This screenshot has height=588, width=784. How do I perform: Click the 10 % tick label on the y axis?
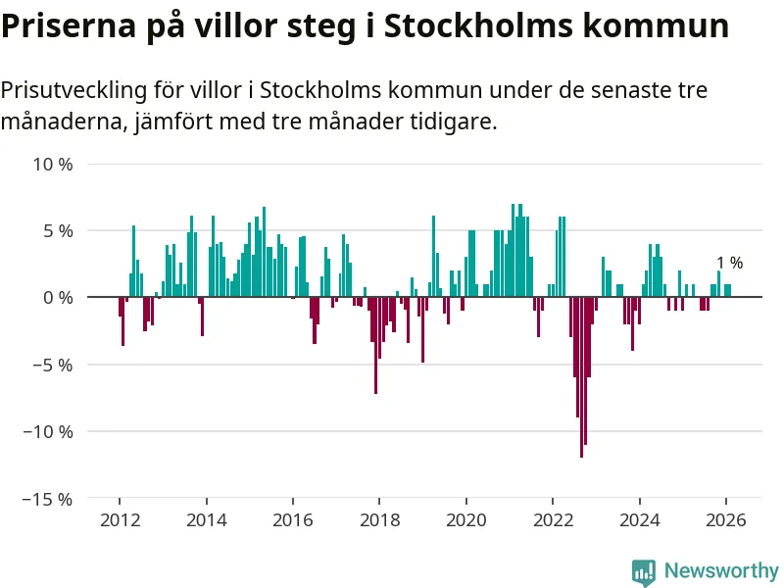click(x=53, y=164)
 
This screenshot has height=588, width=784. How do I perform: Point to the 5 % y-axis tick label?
click(x=57, y=230)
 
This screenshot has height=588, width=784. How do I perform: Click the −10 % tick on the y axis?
click(x=49, y=431)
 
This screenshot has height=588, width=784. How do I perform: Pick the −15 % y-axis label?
click(x=49, y=498)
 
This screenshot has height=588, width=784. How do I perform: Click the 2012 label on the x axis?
click(x=120, y=519)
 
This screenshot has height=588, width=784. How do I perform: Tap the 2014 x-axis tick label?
click(x=206, y=519)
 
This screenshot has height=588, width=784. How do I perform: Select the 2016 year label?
click(x=292, y=519)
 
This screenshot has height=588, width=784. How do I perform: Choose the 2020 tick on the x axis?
click(x=465, y=519)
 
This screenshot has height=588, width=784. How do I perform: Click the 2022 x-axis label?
click(x=552, y=519)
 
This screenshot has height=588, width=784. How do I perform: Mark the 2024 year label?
click(x=639, y=519)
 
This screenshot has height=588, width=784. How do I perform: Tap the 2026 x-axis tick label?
click(x=725, y=519)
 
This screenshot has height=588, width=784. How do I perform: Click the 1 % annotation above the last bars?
click(x=729, y=263)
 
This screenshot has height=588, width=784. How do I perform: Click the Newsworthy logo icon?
click(x=643, y=571)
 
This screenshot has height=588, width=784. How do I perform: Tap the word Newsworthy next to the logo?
click(x=721, y=570)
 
